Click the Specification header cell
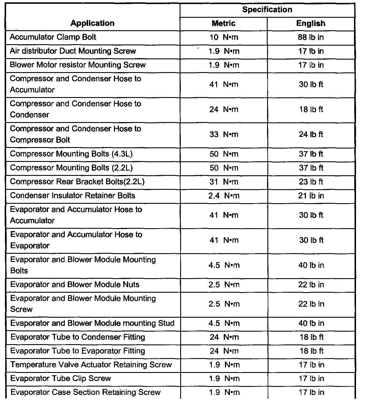pyautogui.click(x=267, y=10)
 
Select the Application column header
pyautogui.click(x=92, y=23)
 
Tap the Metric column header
pyautogui.click(x=223, y=23)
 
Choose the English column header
pyautogui.click(x=311, y=23)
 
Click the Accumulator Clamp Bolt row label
pyautogui.click(x=53, y=37)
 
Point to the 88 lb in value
pyautogui.click(x=311, y=37)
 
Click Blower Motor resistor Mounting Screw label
pyautogui.click(x=78, y=65)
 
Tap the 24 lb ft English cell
pyautogui.click(x=311, y=135)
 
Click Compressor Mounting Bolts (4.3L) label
pyautogui.click(x=71, y=154)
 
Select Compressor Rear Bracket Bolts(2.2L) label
pyautogui.click(x=77, y=182)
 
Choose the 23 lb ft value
pyautogui.click(x=311, y=182)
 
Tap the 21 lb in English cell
pyautogui.click(x=311, y=196)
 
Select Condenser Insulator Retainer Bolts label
pyautogui.click(x=73, y=196)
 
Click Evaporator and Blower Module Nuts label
pyautogui.click(x=75, y=285)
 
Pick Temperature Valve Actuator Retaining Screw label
pyautogui.click(x=91, y=365)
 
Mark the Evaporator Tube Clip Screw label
pyautogui.click(x=61, y=378)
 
